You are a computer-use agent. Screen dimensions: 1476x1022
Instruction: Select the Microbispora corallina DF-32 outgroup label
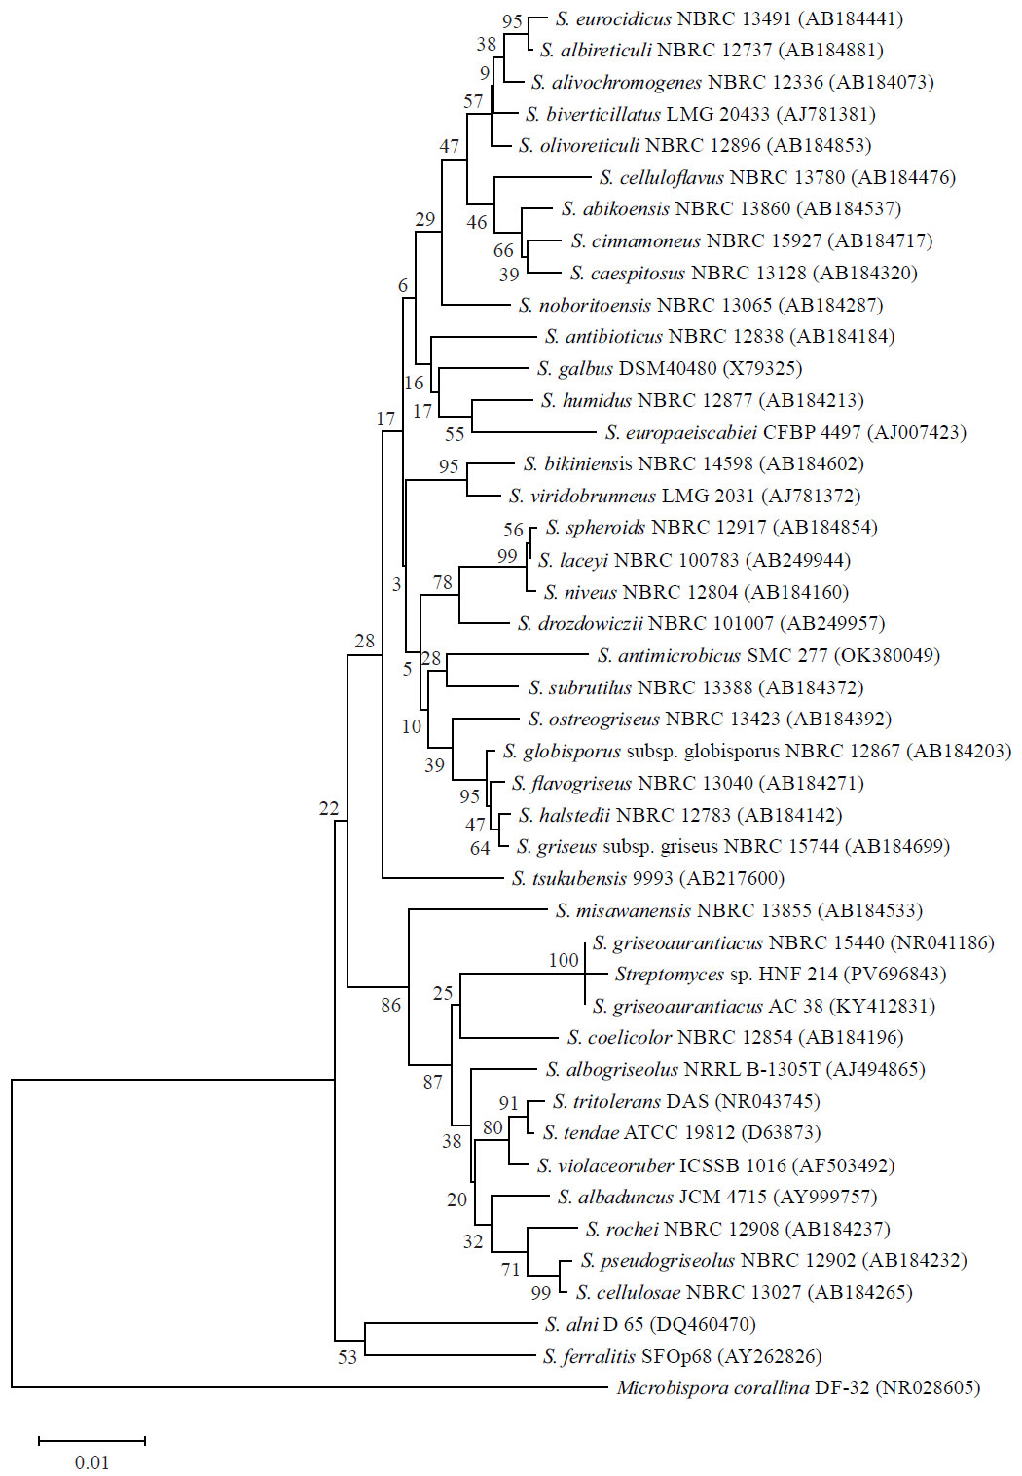coord(743,1387)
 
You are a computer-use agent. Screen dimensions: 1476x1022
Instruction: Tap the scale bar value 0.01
coord(91,1462)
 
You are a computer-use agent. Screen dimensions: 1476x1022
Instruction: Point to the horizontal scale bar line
coord(91,1439)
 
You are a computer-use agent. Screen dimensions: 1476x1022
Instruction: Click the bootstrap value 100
coord(564,961)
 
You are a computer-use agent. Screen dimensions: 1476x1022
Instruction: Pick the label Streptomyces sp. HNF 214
coord(725,974)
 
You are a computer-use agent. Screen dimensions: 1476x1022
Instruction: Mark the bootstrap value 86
coord(390,1006)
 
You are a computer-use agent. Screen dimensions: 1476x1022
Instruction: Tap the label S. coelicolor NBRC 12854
coord(680,1037)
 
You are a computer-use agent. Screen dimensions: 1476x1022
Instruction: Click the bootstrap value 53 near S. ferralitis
coord(347,1357)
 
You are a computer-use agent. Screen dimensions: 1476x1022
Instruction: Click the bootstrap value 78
coord(443,583)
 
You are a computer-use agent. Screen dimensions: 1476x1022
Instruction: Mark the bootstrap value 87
coord(433,1082)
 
